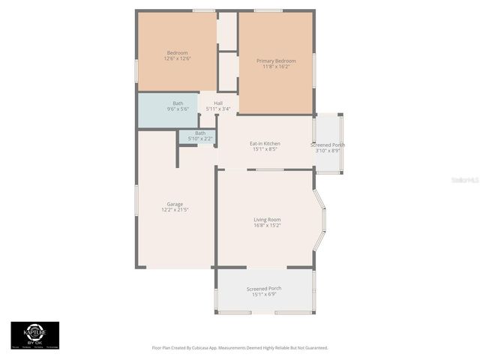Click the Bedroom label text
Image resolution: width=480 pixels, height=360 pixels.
coord(177,52)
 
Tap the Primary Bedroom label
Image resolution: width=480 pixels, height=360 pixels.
coord(276,61)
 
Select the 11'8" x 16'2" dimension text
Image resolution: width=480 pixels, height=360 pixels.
coord(276,67)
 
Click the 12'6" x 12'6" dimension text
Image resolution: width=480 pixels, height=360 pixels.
coord(177,58)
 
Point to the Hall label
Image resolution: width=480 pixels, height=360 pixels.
coord(218,103)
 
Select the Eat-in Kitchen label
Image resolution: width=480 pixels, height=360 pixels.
coord(265,142)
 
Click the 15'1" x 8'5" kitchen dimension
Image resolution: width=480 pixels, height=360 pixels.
coord(265,148)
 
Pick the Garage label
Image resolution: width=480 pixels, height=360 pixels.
coord(175,204)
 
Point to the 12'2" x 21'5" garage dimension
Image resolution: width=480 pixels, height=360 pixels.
coord(175,210)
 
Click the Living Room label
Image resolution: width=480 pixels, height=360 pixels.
coord(267,219)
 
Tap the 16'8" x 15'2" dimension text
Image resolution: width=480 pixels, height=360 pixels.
coord(267,225)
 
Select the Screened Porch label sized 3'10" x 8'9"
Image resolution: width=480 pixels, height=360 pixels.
coord(328,145)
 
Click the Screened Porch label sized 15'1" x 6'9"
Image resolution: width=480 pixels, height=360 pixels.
coord(264,289)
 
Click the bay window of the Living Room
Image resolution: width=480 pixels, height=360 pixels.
coord(320,220)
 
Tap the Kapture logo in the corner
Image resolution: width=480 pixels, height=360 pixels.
coord(34,334)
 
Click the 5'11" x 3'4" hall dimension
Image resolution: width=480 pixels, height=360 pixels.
coord(218,109)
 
